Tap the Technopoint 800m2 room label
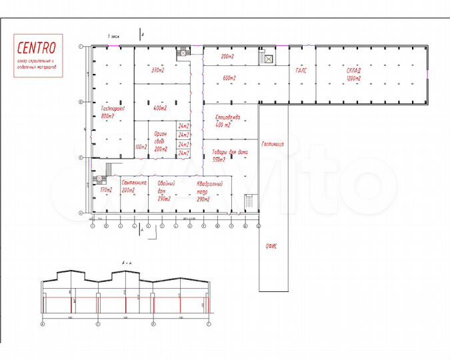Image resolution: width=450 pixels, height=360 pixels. pyautogui.click(x=113, y=111)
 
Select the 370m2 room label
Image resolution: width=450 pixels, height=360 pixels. pyautogui.click(x=157, y=70)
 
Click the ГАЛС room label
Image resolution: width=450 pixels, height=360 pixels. pyautogui.click(x=300, y=71)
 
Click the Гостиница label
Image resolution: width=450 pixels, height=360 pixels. pyautogui.click(x=273, y=143)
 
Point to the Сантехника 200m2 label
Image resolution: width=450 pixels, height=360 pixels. pyautogui.click(x=134, y=187)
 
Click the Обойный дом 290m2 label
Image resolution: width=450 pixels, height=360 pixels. pyautogui.click(x=166, y=191)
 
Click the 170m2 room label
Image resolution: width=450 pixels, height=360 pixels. pyautogui.click(x=106, y=191)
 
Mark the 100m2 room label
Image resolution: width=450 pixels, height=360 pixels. pyautogui.click(x=140, y=147)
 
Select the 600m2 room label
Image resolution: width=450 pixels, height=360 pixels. pyautogui.click(x=230, y=78)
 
